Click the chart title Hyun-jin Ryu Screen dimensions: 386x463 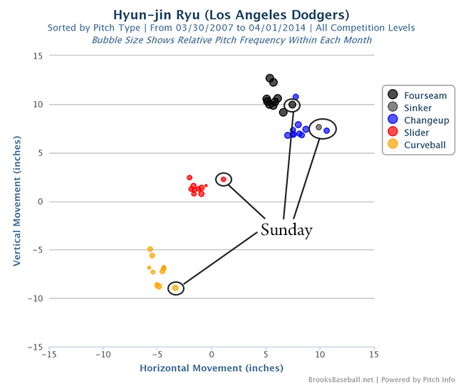[x=231, y=14]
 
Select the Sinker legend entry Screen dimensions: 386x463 [x=417, y=107]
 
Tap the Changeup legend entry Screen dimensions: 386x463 [x=426, y=120]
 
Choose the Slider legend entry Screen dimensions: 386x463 [x=416, y=132]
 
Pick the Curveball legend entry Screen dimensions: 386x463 [x=425, y=145]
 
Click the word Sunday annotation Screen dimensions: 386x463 [x=286, y=230]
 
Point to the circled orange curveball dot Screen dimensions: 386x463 [x=175, y=288]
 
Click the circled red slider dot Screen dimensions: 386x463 [x=224, y=179]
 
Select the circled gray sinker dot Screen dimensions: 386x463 [x=319, y=127]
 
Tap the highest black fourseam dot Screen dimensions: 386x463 [x=270, y=78]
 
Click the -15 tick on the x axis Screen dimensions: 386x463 [x=49, y=354]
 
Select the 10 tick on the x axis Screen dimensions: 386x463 [x=320, y=354]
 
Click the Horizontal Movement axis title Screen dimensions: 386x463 [x=212, y=368]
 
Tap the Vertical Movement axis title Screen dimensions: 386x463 [x=16, y=202]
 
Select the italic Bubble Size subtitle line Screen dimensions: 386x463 [x=231, y=40]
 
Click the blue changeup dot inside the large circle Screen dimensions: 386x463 [x=327, y=130]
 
